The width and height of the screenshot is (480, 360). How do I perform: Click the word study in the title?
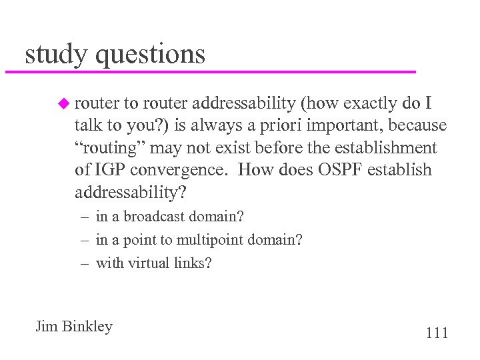pos(55,54)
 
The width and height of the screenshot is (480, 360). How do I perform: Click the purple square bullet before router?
pos(63,103)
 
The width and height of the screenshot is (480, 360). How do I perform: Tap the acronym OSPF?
pos(337,169)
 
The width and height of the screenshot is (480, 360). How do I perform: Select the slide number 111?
pos(436,333)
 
